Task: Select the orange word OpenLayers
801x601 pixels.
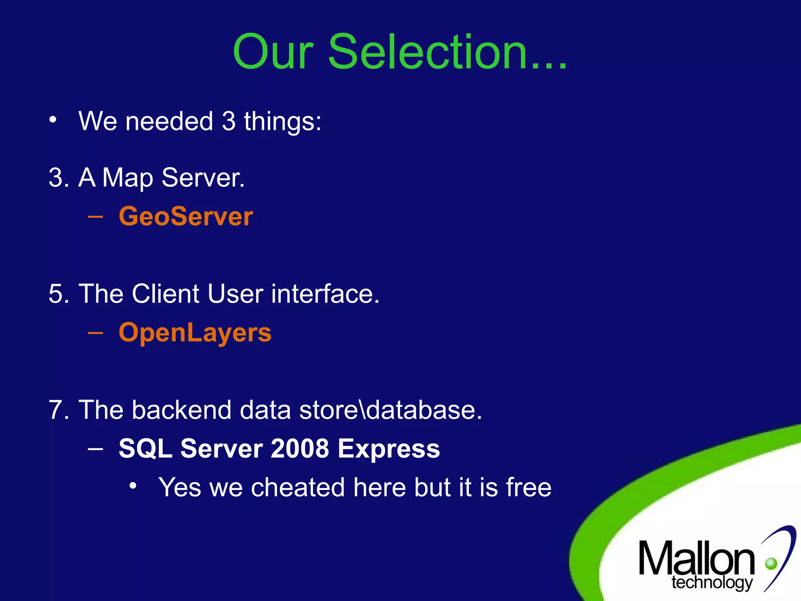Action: [195, 333]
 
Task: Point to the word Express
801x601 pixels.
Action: [389, 449]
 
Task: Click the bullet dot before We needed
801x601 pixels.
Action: [53, 119]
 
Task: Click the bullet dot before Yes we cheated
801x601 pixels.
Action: [133, 486]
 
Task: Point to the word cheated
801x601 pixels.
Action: [298, 488]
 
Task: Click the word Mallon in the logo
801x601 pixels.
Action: [697, 559]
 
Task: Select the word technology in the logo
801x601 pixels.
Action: [712, 583]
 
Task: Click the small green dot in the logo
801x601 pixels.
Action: [771, 563]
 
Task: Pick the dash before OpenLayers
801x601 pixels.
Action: [96, 333]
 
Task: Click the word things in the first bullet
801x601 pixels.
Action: [282, 121]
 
